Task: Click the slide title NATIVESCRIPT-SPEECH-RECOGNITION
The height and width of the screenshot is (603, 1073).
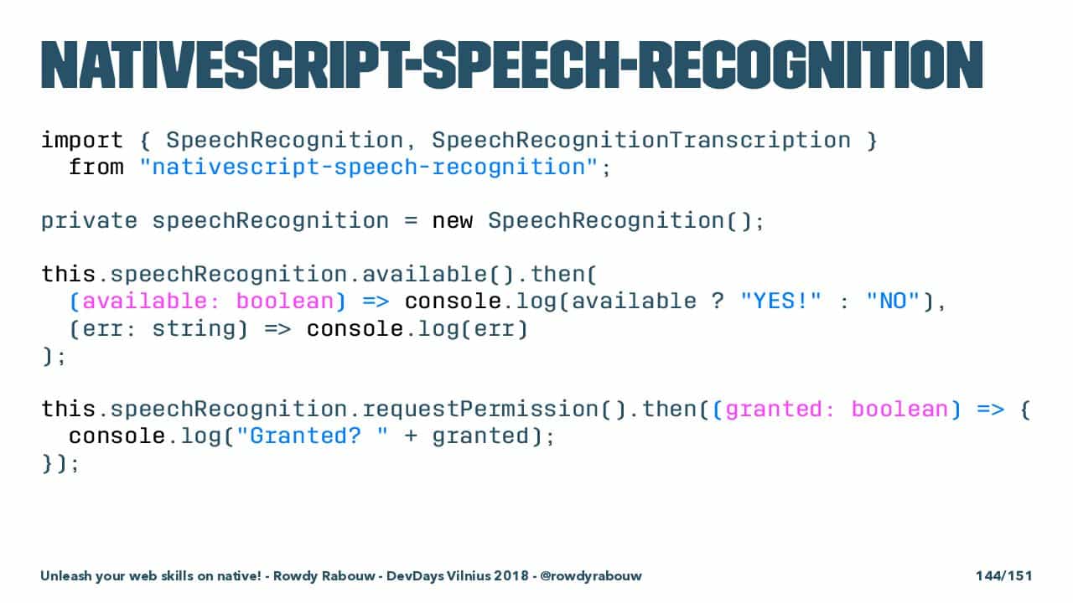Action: pyautogui.click(x=512, y=65)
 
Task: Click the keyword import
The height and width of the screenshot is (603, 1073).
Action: pyautogui.click(x=82, y=141)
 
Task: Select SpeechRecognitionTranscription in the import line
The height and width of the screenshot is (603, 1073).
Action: pyautogui.click(x=641, y=141)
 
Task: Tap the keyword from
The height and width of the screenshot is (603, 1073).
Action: pyautogui.click(x=96, y=167)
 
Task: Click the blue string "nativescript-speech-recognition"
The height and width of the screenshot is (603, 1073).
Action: pyautogui.click(x=369, y=167)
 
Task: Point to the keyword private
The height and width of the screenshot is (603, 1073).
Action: pyautogui.click(x=89, y=221)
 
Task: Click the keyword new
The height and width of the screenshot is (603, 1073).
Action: pyautogui.click(x=453, y=222)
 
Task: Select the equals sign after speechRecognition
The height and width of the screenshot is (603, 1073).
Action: pyautogui.click(x=411, y=222)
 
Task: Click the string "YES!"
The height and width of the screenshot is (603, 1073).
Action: pyautogui.click(x=780, y=301)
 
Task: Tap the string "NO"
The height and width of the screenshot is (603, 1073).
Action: pyautogui.click(x=893, y=301)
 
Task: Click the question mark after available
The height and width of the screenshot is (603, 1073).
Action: pyautogui.click(x=717, y=301)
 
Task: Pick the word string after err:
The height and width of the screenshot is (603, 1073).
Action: pyautogui.click(x=194, y=329)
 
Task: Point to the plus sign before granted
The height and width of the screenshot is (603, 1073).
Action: pyautogui.click(x=411, y=437)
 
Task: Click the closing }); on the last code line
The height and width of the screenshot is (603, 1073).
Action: pyautogui.click(x=60, y=463)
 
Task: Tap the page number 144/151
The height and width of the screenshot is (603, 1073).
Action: pyautogui.click(x=1004, y=575)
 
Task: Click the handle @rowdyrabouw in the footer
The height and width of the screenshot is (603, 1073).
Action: pyautogui.click(x=591, y=576)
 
